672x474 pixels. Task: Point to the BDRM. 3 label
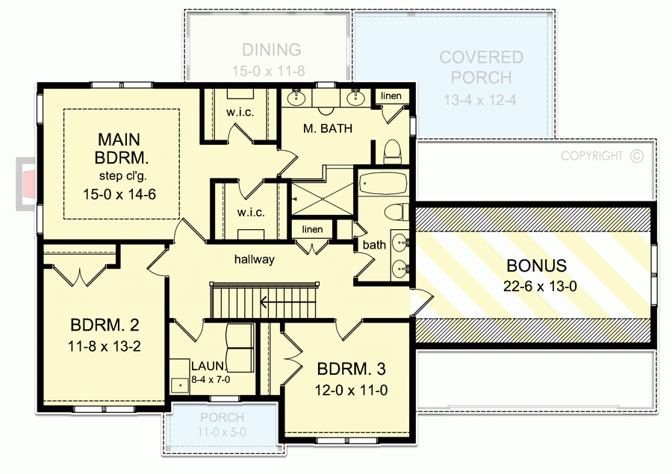coord(352,369)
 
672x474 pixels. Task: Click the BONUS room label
coord(536,265)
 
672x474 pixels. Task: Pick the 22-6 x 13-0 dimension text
coord(536,284)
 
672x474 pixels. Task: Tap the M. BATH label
coord(328,128)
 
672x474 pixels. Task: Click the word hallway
coord(254,260)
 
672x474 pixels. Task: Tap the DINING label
coord(271,50)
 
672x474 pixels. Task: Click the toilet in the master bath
coord(392,152)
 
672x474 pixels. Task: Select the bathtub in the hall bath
coord(381,183)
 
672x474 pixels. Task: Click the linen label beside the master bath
coord(391,96)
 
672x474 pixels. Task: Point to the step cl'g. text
coord(125,176)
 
